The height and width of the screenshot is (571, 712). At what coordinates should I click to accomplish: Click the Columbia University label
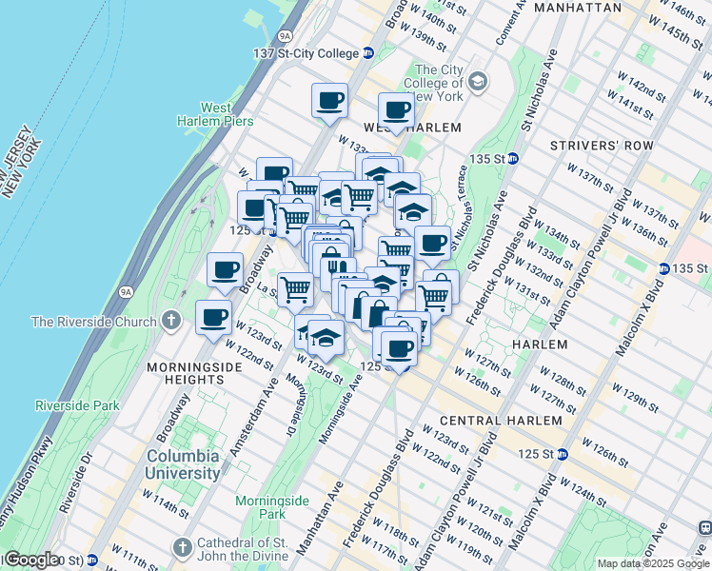coord(183,463)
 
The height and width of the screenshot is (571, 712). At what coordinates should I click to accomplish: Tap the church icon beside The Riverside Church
coord(170,321)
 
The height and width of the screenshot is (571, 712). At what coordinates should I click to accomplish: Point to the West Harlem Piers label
coord(215,114)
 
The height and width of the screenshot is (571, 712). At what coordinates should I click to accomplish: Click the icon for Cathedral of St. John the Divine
coord(184,547)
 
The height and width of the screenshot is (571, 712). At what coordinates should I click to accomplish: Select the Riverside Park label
coord(78,405)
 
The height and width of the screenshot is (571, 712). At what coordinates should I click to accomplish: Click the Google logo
coord(31,560)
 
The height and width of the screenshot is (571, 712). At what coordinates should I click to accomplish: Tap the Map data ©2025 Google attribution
coord(653,563)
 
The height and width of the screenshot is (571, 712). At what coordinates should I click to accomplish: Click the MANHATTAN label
coord(578,8)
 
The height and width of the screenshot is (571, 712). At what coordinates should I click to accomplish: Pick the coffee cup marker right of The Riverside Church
coord(213,317)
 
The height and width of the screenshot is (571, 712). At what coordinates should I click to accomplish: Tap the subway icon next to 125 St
coord(563,453)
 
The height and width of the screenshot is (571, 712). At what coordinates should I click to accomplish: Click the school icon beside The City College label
coord(477,81)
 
